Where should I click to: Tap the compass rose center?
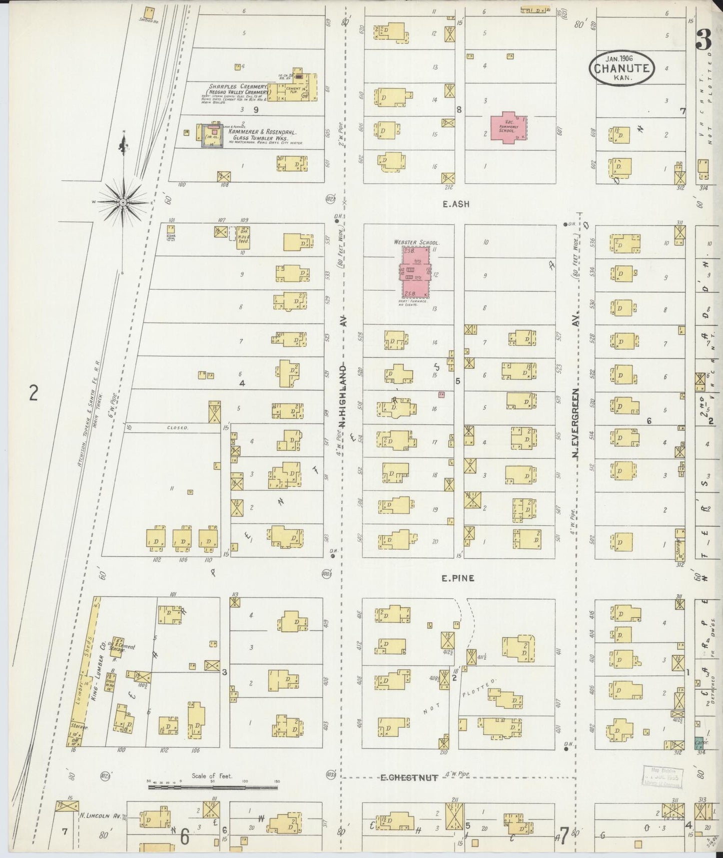point(123,202)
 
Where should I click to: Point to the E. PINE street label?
point(457,578)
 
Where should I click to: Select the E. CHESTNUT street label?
point(410,791)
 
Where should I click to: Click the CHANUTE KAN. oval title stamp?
point(622,69)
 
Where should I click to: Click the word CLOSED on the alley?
point(178,428)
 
